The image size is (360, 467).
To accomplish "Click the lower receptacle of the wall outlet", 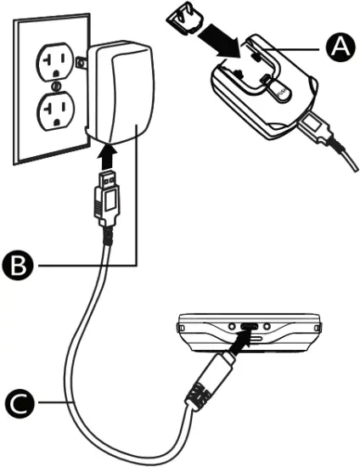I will (x=53, y=111).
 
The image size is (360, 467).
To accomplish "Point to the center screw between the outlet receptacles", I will (x=53, y=86).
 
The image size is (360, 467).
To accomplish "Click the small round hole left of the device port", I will (x=230, y=325).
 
